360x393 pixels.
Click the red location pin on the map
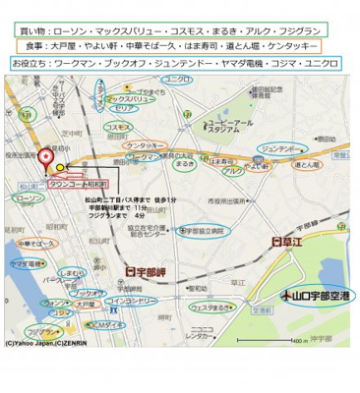pos(45,158)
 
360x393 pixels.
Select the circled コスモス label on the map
pos(118,127)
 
